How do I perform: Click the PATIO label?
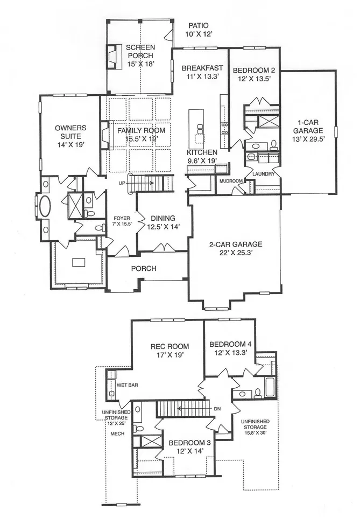tap(198, 25)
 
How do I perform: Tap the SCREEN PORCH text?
tap(140, 52)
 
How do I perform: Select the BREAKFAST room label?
tap(202, 68)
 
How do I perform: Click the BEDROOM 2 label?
tap(254, 70)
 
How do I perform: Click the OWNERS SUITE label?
tap(70, 132)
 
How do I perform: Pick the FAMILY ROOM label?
tap(142, 131)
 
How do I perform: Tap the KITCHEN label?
tap(202, 152)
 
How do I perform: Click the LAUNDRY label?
tap(264, 174)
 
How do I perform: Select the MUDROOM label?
tap(231, 181)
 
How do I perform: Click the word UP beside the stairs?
tap(122, 183)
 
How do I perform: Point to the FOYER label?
tap(122, 218)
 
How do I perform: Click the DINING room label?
tap(163, 218)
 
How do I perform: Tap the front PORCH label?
tap(144, 269)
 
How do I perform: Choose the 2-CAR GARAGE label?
tap(236, 244)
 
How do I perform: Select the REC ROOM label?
tap(170, 346)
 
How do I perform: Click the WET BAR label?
tap(127, 385)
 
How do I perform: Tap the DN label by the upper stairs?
tap(217, 409)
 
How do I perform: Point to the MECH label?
tap(117, 434)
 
